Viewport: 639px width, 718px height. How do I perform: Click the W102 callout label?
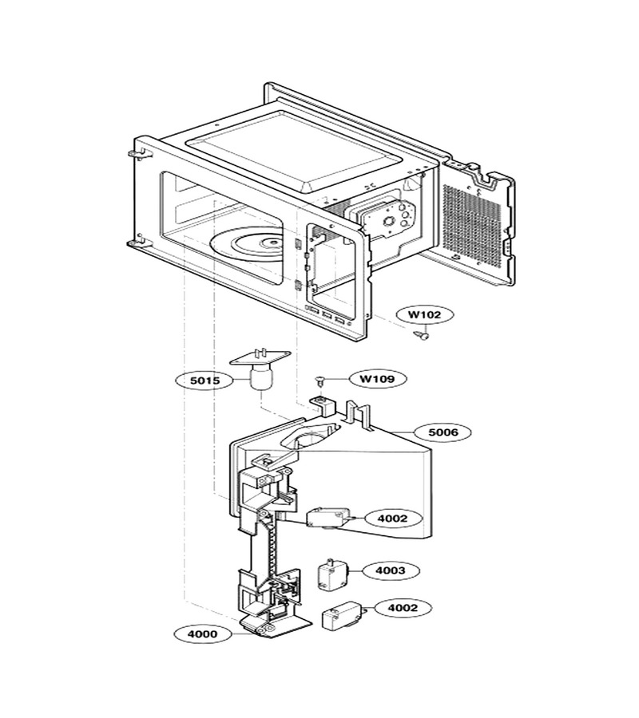pos(424,315)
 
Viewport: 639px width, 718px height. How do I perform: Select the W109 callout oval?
pos(377,379)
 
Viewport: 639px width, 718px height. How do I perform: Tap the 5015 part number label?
pos(204,380)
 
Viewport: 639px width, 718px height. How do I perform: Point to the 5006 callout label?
pos(443,432)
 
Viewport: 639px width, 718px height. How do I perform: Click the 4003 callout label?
pos(391,570)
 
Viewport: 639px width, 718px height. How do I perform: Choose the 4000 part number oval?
pos(203,634)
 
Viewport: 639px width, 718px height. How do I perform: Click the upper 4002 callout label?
pos(393,519)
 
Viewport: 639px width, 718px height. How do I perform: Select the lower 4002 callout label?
pos(403,608)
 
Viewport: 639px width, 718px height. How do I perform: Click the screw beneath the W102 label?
pos(422,336)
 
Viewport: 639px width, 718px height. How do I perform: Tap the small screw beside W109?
pos(320,380)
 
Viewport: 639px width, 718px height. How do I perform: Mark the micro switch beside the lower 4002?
pos(343,615)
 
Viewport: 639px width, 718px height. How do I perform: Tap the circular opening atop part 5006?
pos(311,439)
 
